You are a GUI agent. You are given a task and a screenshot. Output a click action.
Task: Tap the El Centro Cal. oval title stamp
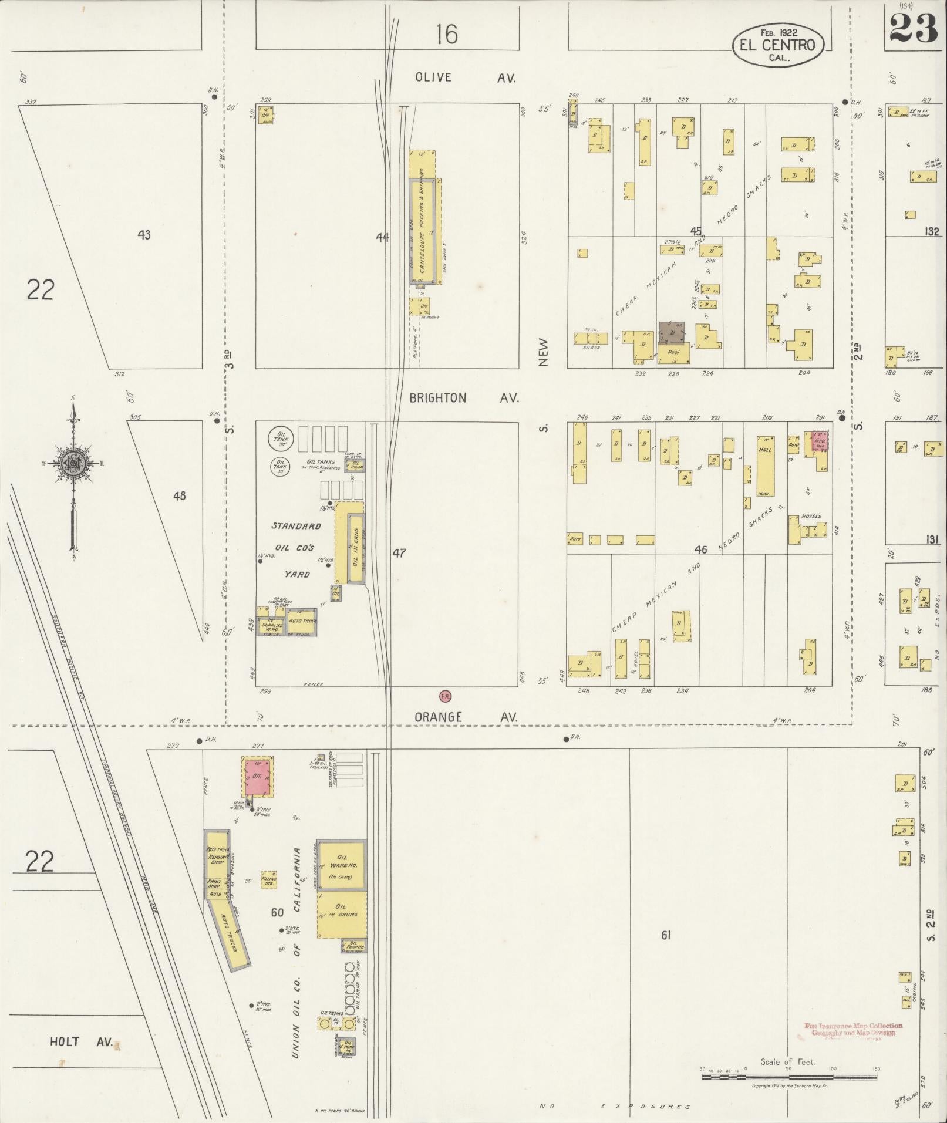click(778, 45)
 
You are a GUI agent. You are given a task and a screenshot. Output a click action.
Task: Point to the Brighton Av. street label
click(464, 397)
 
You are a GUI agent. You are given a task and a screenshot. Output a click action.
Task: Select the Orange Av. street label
click(466, 717)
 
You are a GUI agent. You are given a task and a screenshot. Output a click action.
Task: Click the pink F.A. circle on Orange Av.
click(445, 696)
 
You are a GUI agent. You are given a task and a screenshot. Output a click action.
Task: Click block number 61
click(665, 935)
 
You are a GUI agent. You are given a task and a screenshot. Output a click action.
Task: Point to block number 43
click(144, 235)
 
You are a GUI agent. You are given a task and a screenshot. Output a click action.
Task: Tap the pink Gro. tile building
click(820, 443)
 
